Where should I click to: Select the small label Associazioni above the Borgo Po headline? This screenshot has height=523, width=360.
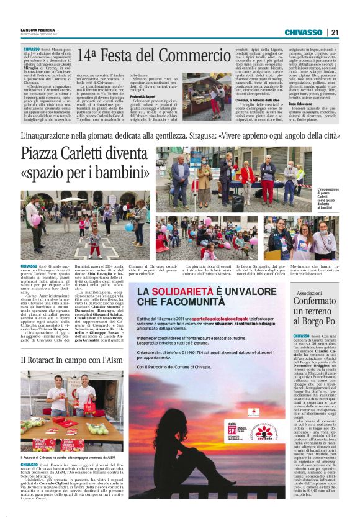(x=331, y=292)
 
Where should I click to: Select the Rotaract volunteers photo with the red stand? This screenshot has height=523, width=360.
(x=71, y=411)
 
